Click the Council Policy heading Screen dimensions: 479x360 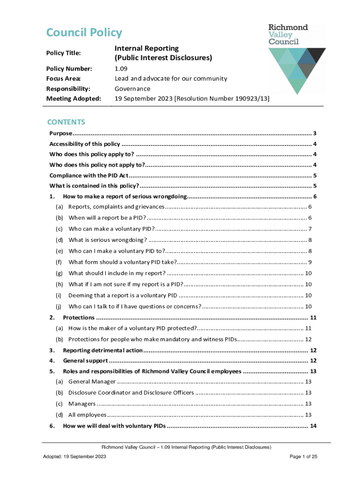84,33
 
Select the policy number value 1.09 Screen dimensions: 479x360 122,69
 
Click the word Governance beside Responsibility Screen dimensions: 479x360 133,88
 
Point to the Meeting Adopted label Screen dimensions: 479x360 73,98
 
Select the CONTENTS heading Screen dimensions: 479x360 66,122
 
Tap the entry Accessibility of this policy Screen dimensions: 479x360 85,144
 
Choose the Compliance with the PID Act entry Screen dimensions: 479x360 88,175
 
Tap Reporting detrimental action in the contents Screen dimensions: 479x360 102,350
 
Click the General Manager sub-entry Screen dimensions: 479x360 92,382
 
